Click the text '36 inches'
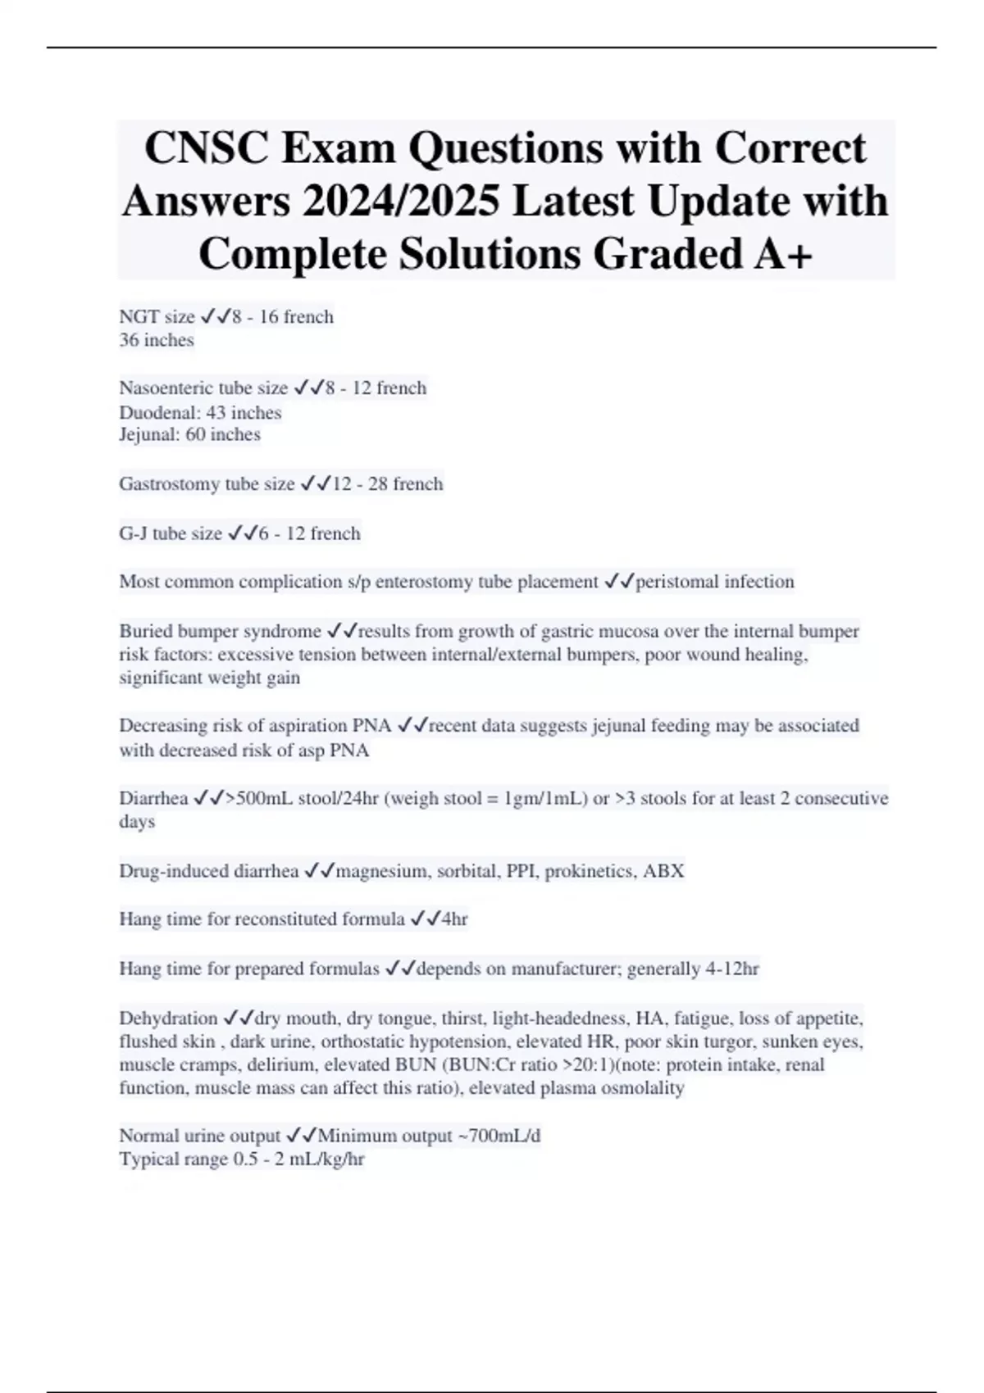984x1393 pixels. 157,340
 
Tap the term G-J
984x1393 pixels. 134,533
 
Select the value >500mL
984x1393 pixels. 260,798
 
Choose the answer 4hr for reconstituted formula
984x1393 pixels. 454,919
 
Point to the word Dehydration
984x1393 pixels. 168,1019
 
